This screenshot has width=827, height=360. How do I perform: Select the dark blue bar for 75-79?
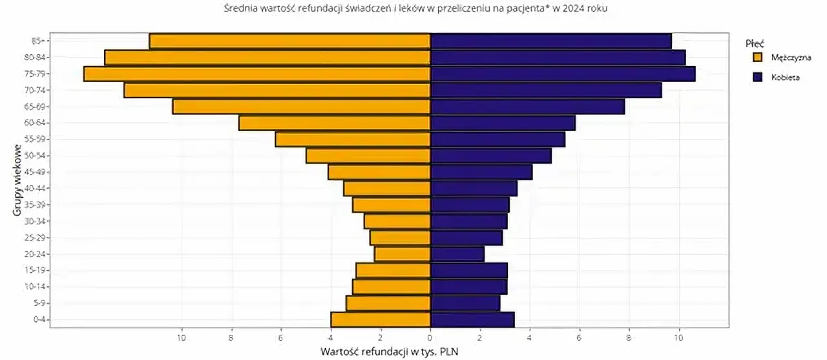pyautogui.click(x=562, y=74)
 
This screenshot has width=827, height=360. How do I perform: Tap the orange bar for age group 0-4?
pyautogui.click(x=381, y=319)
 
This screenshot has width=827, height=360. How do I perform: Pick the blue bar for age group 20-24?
pyautogui.click(x=457, y=254)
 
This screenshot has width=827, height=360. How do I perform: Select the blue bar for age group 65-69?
pyautogui.click(x=527, y=107)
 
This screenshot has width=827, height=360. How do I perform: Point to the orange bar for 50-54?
pyautogui.click(x=368, y=156)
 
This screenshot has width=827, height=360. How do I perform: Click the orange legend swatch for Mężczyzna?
pyautogui.click(x=758, y=58)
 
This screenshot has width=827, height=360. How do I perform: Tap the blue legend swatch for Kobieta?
pyautogui.click(x=758, y=77)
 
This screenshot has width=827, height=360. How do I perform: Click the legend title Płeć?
pyautogui.click(x=755, y=44)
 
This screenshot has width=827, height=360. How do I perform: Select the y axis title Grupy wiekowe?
pyautogui.click(x=14, y=181)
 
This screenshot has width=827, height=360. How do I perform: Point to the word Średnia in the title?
pyautogui.click(x=238, y=8)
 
